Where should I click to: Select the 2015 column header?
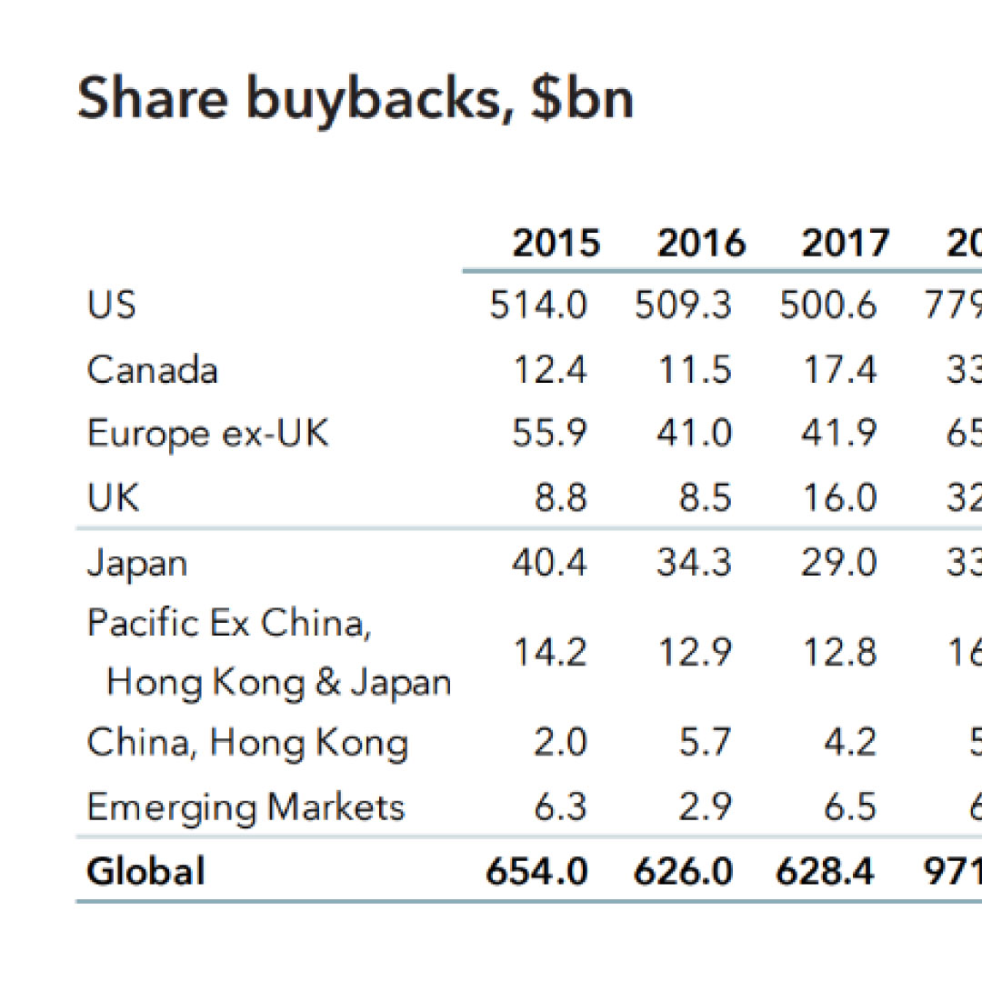556,244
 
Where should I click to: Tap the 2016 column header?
701,244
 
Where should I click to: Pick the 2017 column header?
845,244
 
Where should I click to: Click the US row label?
112,305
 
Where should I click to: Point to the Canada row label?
153,370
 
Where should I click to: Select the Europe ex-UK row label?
208,434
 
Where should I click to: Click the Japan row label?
137,563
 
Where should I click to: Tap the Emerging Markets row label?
245,807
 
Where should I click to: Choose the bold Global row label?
145,871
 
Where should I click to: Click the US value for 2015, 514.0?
538,306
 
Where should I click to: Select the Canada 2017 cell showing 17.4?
838,370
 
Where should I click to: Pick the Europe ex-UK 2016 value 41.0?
694,434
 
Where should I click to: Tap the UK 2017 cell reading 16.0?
838,498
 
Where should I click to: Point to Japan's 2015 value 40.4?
550,563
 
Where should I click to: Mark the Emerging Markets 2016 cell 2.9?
706,807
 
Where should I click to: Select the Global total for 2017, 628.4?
825,871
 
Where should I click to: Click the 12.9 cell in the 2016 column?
694,652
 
